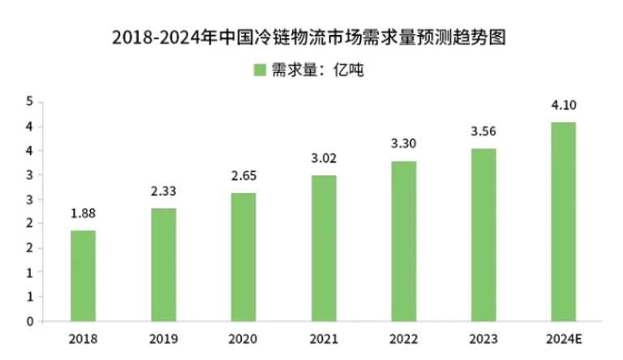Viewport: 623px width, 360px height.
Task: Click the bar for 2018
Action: [83, 276]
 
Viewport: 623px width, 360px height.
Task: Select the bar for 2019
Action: [163, 264]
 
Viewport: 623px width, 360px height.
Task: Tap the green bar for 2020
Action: [243, 257]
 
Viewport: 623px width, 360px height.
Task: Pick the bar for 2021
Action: [323, 248]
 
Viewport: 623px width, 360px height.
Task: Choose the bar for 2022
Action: [403, 241]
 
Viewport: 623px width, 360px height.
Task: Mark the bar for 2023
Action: [483, 234]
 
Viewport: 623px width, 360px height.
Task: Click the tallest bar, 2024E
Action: [564, 221]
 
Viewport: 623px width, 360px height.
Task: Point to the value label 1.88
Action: [83, 216]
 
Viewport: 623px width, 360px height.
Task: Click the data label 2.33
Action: [163, 193]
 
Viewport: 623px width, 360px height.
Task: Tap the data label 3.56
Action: [483, 132]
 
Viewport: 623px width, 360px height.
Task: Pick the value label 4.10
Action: [564, 105]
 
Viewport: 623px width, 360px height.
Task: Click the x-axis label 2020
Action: [243, 337]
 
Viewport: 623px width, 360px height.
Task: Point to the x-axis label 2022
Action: [403, 337]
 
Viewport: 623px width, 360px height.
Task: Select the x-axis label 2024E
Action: [564, 337]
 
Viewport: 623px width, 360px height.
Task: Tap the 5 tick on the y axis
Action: [29, 102]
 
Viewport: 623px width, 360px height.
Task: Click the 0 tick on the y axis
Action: [29, 321]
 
